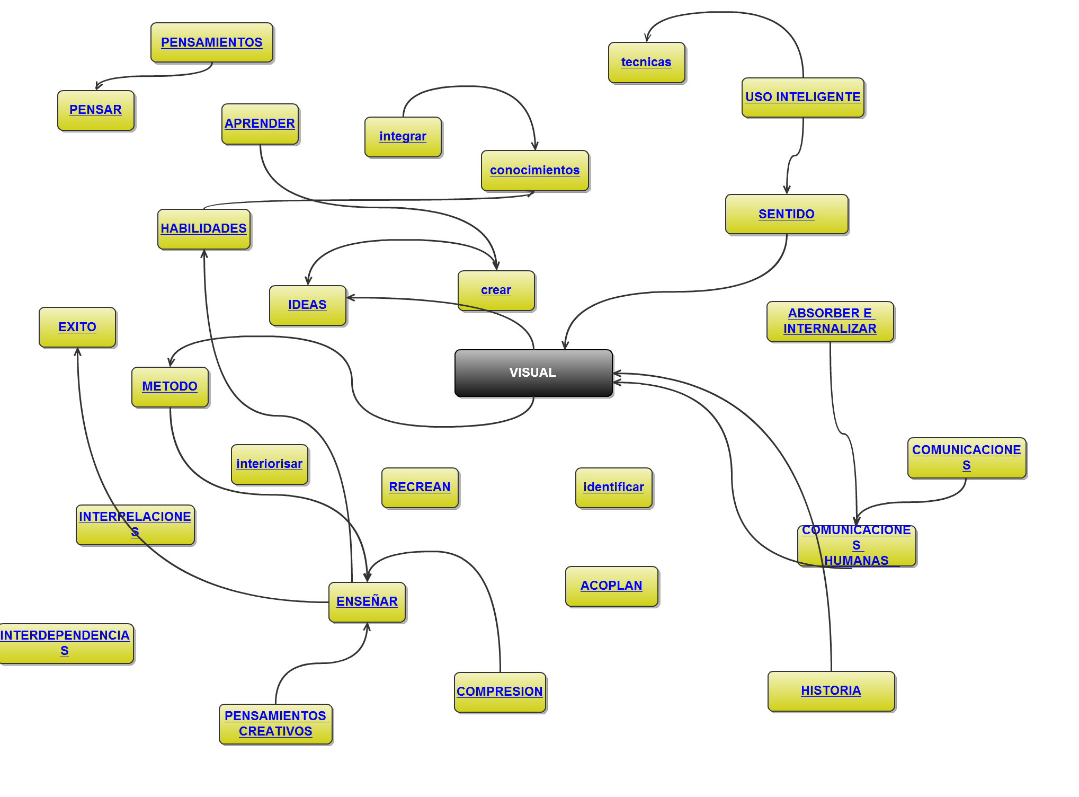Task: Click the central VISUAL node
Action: click(533, 373)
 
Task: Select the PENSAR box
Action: click(96, 110)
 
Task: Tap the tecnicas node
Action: click(646, 63)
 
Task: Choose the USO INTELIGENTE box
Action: click(802, 98)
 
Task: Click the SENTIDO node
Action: click(787, 214)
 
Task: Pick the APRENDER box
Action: click(260, 124)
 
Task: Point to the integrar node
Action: click(403, 137)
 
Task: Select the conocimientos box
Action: click(534, 171)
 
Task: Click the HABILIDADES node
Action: click(204, 229)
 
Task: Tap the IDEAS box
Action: click(307, 305)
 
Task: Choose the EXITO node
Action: click(77, 327)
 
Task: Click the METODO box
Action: click(170, 387)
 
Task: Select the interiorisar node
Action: click(269, 464)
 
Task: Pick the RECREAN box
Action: click(420, 488)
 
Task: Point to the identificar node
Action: click(613, 488)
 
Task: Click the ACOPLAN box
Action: click(611, 586)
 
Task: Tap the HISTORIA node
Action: click(831, 691)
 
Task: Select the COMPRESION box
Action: click(500, 692)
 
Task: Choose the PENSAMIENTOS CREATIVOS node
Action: click(275, 724)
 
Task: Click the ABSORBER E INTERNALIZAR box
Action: click(830, 321)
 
